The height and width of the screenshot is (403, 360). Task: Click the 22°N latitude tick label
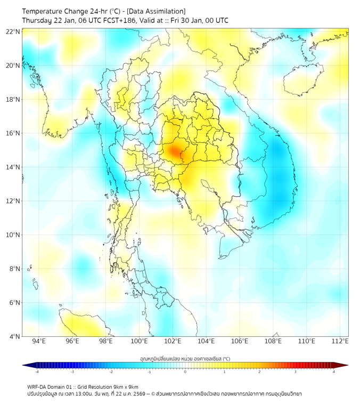click(x=13, y=31)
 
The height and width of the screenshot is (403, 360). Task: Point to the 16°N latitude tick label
click(x=13, y=133)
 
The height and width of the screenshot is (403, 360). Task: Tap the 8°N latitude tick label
click(x=15, y=269)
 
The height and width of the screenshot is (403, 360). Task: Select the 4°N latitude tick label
click(x=15, y=336)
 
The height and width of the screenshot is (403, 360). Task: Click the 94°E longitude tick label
click(x=39, y=341)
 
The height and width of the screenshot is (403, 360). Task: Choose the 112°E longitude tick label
click(x=340, y=341)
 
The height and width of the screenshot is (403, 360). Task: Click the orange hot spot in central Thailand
click(x=175, y=151)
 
